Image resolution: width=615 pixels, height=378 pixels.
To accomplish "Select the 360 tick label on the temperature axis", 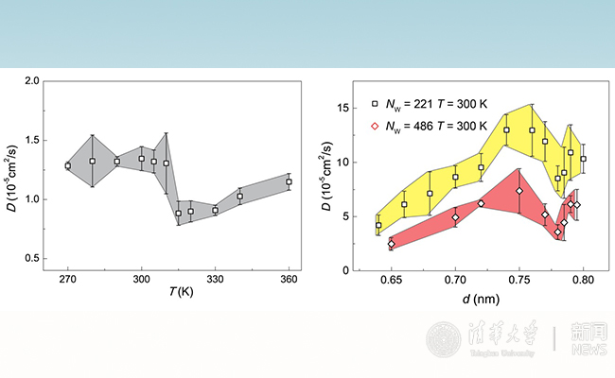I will [x=290, y=282].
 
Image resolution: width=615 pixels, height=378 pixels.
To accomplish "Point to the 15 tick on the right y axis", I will [x=343, y=108].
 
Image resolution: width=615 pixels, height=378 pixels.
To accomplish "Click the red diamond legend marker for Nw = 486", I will [x=375, y=125].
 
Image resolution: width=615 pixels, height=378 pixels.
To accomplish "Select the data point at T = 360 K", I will [x=290, y=181].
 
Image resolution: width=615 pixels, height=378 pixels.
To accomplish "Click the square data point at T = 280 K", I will [x=93, y=161].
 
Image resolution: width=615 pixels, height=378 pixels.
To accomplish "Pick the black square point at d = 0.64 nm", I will [x=378, y=225].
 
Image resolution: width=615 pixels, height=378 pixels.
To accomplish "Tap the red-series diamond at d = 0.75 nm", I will [x=519, y=191].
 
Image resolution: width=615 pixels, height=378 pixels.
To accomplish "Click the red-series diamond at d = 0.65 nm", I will [x=391, y=244].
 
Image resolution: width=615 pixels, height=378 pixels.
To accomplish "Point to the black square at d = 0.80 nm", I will [x=584, y=159].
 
